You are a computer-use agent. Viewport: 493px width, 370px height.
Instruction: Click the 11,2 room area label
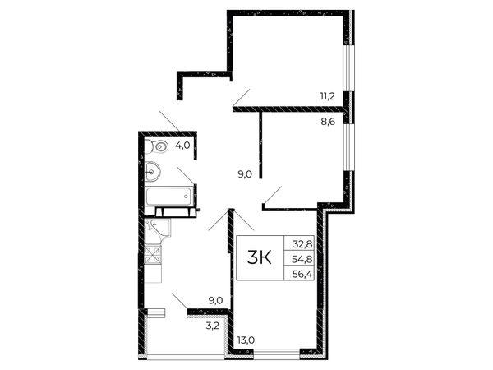(x=327, y=96)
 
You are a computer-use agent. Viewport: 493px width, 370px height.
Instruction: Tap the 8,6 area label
(x=328, y=122)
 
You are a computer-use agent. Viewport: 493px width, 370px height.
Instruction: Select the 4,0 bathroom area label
(x=182, y=146)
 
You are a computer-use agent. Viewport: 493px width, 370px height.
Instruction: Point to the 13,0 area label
(x=246, y=340)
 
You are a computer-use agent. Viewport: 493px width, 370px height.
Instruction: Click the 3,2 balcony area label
(x=212, y=326)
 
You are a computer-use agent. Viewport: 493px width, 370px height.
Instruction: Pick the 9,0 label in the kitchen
(x=215, y=301)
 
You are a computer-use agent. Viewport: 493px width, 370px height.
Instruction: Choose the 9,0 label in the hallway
(x=245, y=174)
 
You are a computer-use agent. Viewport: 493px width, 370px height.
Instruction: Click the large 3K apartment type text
(x=260, y=257)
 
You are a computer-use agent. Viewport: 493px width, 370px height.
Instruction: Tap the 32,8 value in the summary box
(x=302, y=243)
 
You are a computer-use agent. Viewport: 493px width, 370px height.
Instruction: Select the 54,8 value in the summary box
(x=302, y=259)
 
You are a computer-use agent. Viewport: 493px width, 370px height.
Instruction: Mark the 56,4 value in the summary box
(x=302, y=274)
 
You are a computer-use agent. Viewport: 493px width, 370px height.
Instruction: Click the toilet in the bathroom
(x=157, y=146)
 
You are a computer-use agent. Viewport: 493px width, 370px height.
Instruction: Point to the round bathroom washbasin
(x=153, y=172)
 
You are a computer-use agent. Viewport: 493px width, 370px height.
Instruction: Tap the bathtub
(x=169, y=197)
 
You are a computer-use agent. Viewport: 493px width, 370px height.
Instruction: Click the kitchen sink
(x=158, y=228)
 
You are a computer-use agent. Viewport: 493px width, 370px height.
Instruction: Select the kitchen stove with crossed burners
(x=154, y=254)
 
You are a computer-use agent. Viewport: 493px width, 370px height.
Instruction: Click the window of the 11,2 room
(x=348, y=68)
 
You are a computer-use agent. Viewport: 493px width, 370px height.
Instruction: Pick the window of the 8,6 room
(x=348, y=147)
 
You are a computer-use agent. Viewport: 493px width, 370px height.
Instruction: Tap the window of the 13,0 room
(x=277, y=354)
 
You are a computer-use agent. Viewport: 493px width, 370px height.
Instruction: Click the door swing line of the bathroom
(x=186, y=176)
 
